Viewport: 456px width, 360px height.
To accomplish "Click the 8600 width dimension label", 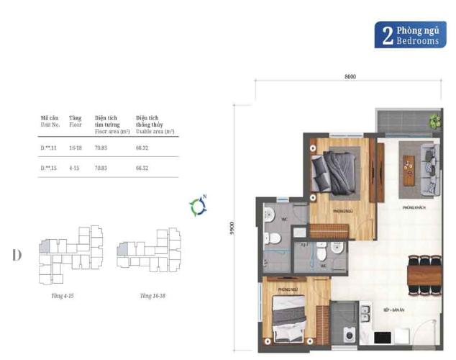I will (x=350, y=76).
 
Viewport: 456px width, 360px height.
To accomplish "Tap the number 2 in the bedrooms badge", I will (x=387, y=36).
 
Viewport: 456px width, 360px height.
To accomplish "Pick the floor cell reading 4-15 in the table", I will (x=74, y=168).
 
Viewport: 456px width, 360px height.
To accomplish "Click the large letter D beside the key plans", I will (x=17, y=256).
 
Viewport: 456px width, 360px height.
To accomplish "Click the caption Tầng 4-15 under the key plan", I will (x=63, y=296).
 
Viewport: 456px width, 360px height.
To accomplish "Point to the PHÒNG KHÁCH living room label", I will (x=415, y=207).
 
